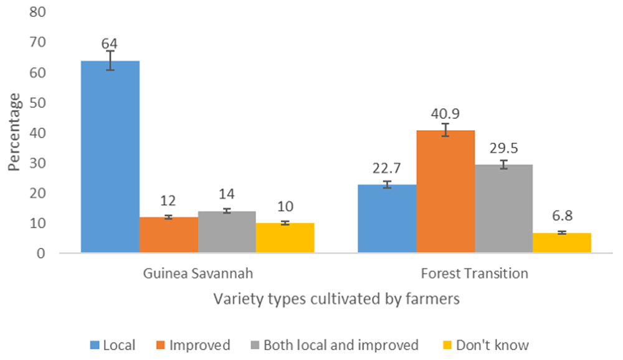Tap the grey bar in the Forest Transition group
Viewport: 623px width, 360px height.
click(x=504, y=209)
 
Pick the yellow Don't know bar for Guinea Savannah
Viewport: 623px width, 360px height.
click(x=285, y=238)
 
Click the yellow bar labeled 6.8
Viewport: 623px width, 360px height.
click(x=562, y=243)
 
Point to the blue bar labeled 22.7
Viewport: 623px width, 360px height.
click(x=388, y=219)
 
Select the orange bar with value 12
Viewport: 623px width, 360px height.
click(x=168, y=235)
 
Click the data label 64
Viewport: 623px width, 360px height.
click(x=110, y=44)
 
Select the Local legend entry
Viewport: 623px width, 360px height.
click(x=113, y=344)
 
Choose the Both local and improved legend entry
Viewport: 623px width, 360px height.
click(x=333, y=344)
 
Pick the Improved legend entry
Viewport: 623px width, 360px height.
click(x=191, y=344)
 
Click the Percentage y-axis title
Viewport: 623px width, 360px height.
click(x=14, y=133)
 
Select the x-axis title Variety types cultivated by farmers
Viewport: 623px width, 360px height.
click(x=336, y=299)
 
